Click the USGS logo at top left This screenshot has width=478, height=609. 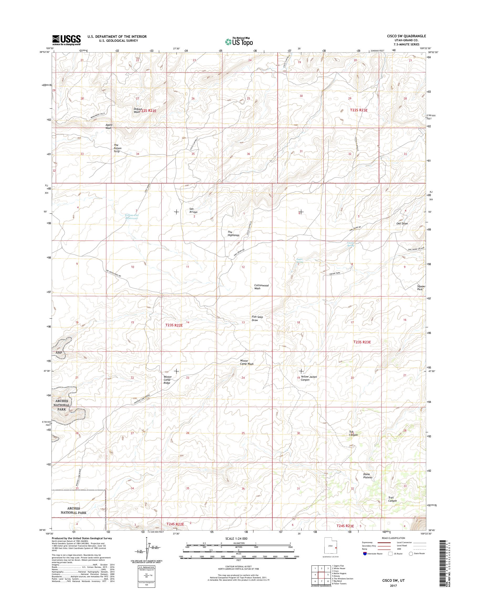click(x=66, y=40)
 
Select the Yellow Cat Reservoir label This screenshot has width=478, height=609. click(x=132, y=217)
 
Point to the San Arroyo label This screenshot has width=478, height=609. click(x=193, y=210)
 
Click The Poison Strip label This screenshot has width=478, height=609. click(x=116, y=148)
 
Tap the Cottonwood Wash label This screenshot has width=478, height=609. click(x=261, y=287)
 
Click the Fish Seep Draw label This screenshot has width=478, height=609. click(x=257, y=318)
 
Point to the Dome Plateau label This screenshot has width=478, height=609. click(x=367, y=476)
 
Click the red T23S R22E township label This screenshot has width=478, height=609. click(x=174, y=325)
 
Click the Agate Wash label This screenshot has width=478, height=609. click(x=108, y=126)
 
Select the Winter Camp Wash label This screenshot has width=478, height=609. click(x=247, y=362)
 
